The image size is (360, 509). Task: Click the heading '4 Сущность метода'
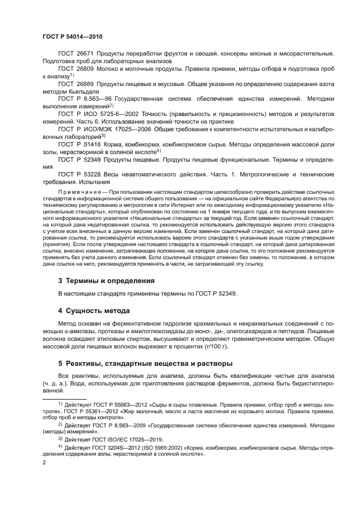[94, 311]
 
